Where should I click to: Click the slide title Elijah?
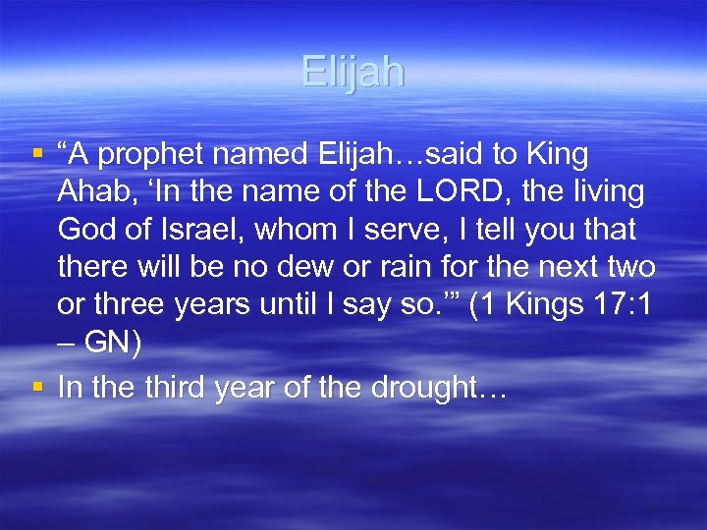point(353,73)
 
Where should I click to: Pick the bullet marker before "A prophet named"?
point(37,154)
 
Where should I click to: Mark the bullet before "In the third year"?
point(37,386)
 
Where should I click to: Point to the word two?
point(630,268)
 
